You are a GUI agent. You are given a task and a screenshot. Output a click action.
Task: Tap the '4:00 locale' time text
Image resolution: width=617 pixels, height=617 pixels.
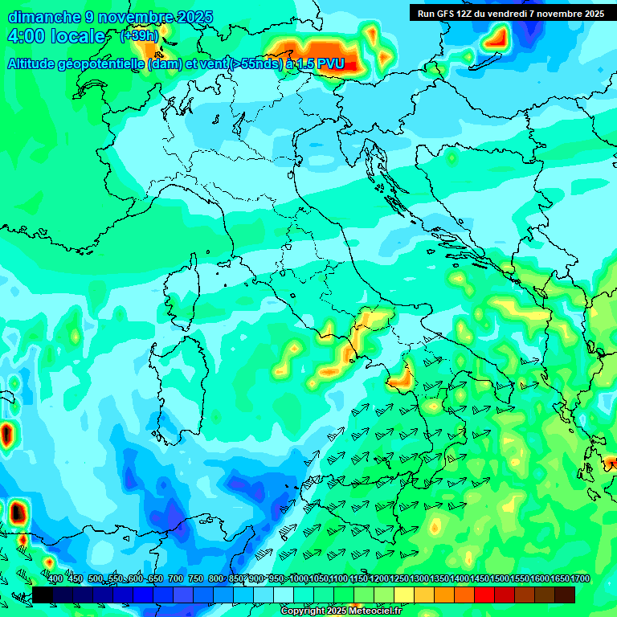pos(56,37)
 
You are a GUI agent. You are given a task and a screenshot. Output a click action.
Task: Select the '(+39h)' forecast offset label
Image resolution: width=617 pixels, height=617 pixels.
pos(139,36)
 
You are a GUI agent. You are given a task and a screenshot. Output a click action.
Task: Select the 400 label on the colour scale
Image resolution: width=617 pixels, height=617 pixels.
pos(55,579)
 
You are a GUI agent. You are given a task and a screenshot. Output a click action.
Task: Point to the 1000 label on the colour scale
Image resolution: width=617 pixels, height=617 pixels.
pos(299,579)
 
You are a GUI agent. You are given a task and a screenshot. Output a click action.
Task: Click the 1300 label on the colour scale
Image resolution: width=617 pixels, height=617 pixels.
pos(419,579)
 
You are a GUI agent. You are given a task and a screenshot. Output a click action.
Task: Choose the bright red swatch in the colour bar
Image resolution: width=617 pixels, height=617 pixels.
pos(484,595)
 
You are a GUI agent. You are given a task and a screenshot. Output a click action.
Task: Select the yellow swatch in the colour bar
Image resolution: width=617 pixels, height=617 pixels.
pos(403,595)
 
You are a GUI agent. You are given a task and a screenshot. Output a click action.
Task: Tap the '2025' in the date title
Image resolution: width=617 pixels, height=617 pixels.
pos(194,17)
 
